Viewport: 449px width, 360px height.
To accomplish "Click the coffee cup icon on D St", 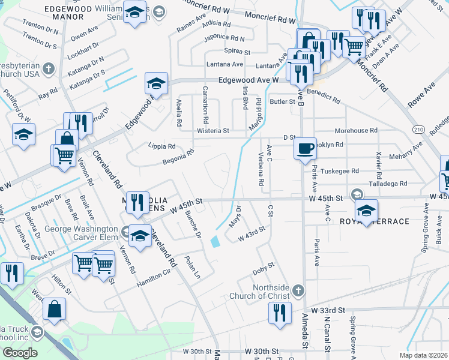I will click(306, 148).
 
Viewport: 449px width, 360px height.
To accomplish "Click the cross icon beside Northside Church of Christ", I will click(298, 292).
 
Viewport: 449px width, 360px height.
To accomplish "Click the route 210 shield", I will click(419, 129).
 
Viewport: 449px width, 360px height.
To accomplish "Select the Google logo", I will click(20, 353).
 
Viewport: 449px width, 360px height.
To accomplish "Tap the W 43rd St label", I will click(252, 233).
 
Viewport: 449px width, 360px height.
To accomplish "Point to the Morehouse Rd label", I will click(356, 130).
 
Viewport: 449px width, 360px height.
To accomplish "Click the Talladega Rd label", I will click(388, 184).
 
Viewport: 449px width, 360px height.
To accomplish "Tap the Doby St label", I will click(263, 268).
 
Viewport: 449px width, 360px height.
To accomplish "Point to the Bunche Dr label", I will click(193, 224).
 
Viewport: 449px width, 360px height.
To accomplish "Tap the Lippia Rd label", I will click(162, 146).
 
